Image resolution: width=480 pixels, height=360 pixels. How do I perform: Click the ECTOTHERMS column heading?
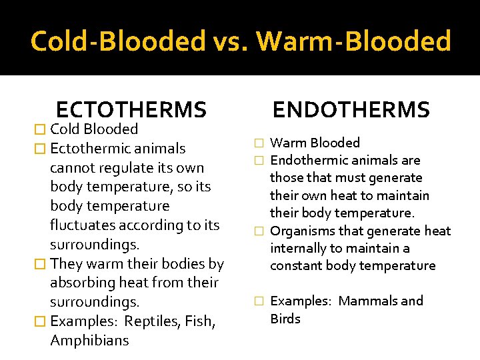pyautogui.click(x=131, y=109)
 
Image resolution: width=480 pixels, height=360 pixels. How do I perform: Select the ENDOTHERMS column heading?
pyautogui.click(x=351, y=109)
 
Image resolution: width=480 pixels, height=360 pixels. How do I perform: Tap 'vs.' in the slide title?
pyautogui.click(x=231, y=41)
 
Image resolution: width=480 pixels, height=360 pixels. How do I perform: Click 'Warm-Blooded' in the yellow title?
pyautogui.click(x=354, y=41)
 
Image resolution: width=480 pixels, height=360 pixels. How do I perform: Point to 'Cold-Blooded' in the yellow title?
pyautogui.click(x=118, y=41)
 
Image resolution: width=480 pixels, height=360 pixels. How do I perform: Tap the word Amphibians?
pyautogui.click(x=89, y=341)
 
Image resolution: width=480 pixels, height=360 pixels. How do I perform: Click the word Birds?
pyautogui.click(x=285, y=319)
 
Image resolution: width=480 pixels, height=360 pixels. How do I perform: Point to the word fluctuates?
pyautogui.click(x=85, y=225)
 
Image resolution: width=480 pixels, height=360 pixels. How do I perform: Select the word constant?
pyautogui.click(x=295, y=265)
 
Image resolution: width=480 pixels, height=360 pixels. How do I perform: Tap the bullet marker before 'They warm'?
pyautogui.click(x=41, y=264)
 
